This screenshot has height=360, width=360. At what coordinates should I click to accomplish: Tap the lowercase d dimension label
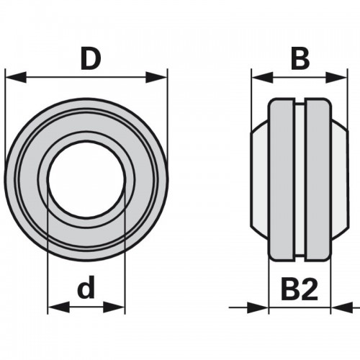pos(86,287)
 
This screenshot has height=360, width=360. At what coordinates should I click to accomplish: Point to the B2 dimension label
pos(300,290)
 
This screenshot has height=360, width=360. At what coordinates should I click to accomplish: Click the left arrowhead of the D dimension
pos(16,77)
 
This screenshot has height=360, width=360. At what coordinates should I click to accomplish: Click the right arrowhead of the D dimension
pos(156,77)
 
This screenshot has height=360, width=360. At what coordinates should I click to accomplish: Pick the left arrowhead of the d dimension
pos(59,307)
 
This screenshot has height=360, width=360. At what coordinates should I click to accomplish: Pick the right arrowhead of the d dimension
pos(114,307)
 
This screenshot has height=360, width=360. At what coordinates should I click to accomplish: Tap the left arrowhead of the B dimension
pos(262,77)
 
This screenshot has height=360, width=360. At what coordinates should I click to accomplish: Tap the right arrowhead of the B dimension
pos(336,77)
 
